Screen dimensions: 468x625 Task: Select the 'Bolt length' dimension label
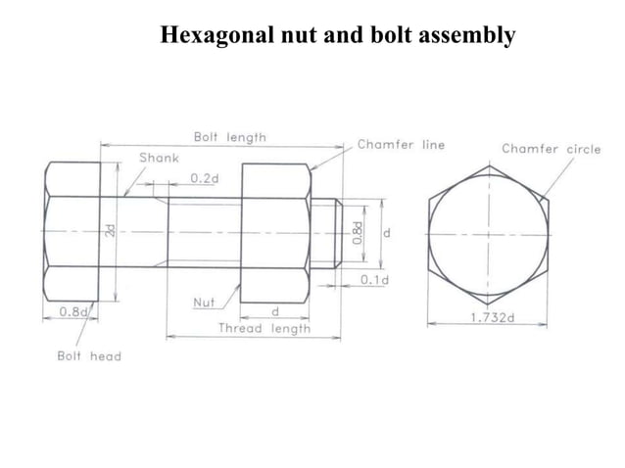click(x=229, y=138)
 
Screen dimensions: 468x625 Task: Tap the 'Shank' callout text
click(x=159, y=157)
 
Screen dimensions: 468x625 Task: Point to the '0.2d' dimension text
click(x=205, y=178)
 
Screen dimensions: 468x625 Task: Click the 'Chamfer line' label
click(x=401, y=145)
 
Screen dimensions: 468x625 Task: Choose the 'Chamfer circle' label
click(x=557, y=149)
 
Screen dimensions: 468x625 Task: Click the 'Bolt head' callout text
click(x=88, y=355)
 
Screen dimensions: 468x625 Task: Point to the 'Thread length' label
click(x=264, y=329)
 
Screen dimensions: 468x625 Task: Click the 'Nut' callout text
click(x=203, y=303)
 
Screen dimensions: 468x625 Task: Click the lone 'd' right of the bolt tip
click(x=387, y=234)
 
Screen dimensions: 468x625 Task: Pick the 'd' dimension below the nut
click(x=274, y=311)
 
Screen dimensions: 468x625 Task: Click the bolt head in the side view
click(x=71, y=232)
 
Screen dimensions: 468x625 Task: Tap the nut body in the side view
click(x=274, y=232)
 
